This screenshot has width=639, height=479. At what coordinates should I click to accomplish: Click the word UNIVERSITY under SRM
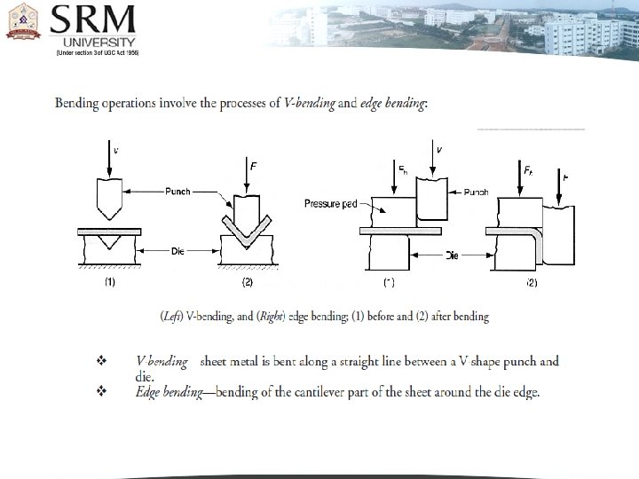click(x=98, y=42)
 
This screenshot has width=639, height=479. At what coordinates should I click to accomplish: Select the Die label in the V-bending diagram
click(x=177, y=252)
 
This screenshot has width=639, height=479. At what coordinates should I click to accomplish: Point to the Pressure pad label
click(x=330, y=203)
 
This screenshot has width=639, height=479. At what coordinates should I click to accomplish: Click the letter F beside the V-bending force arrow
click(x=253, y=166)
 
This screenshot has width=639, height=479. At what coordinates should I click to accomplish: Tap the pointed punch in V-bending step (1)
click(x=114, y=200)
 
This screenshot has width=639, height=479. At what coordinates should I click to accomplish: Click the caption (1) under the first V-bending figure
click(x=110, y=282)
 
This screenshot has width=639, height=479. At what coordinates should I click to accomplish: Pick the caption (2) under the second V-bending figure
click(x=248, y=282)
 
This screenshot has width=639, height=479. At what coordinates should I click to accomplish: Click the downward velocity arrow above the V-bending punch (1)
click(x=114, y=160)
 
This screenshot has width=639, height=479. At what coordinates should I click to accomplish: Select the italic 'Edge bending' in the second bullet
click(x=166, y=392)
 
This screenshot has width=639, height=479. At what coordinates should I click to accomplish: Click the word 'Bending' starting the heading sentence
click(x=78, y=104)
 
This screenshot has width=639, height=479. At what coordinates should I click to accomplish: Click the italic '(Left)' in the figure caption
click(x=172, y=316)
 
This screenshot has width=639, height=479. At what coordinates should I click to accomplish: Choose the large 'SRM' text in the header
click(x=93, y=19)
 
